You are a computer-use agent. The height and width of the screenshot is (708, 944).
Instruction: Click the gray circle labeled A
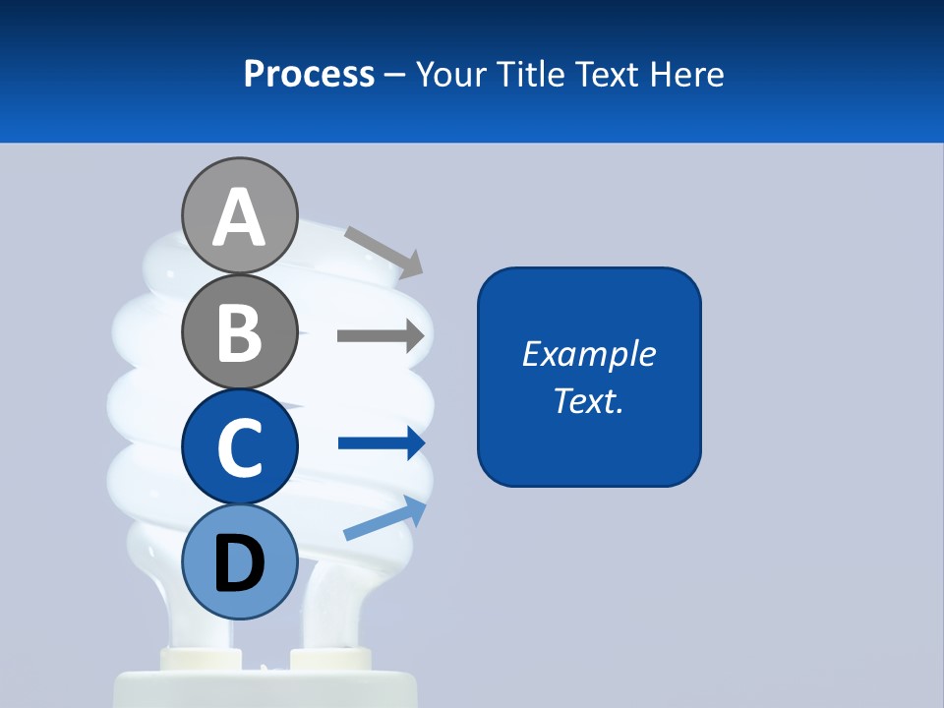(x=240, y=215)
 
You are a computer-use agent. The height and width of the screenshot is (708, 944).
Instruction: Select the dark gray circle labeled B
(x=240, y=331)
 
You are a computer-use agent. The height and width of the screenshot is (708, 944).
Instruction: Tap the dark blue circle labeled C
(x=240, y=446)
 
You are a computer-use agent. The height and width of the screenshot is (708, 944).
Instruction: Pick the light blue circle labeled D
(x=240, y=561)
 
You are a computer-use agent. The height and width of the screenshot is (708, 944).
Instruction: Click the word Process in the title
(x=309, y=74)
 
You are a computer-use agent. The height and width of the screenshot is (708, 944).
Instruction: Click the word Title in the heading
(x=531, y=74)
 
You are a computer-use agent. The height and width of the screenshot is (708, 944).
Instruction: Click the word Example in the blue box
(x=588, y=354)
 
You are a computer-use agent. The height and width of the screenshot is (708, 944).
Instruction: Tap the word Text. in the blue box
(x=588, y=400)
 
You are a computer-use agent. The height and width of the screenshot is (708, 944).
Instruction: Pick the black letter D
(x=240, y=564)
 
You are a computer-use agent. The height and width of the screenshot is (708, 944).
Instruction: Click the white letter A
(x=240, y=217)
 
